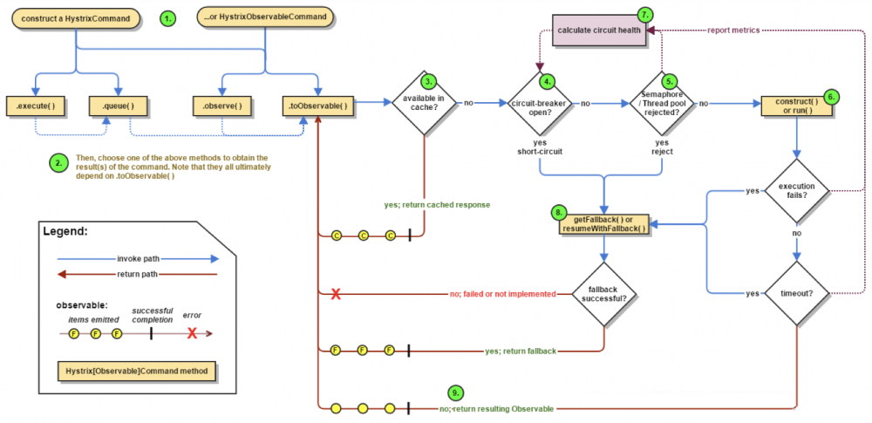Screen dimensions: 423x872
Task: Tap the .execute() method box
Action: click(x=36, y=106)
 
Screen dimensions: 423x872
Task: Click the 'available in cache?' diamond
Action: click(x=423, y=103)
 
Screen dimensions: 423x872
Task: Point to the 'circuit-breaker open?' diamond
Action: click(x=540, y=103)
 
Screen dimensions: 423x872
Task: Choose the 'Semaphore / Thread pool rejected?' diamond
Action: click(x=662, y=103)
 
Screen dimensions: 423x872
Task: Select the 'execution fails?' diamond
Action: click(x=796, y=190)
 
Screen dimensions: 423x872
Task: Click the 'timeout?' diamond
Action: click(x=796, y=293)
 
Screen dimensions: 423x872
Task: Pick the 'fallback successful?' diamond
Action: click(x=603, y=293)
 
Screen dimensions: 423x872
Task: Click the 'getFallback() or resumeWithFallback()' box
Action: click(x=603, y=222)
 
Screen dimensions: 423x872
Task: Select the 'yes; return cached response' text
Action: click(x=436, y=204)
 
